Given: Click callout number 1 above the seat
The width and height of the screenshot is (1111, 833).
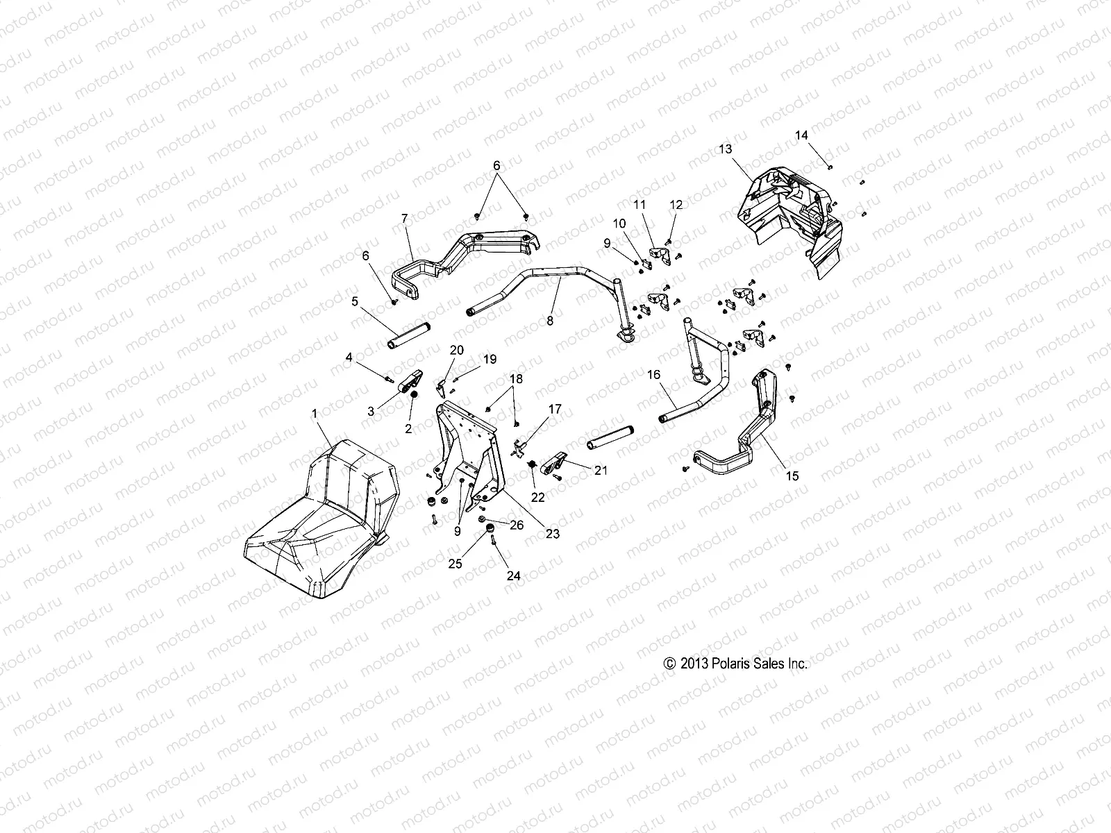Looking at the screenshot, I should pyautogui.click(x=315, y=413).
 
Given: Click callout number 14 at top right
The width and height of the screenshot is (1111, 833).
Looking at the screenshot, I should pyautogui.click(x=801, y=135).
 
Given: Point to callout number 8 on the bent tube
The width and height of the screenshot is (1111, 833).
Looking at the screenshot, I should pyautogui.click(x=551, y=321).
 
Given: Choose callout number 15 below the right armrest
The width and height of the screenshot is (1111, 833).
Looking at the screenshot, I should pyautogui.click(x=792, y=476).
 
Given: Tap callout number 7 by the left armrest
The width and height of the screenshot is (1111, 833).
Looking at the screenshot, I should pyautogui.click(x=405, y=218).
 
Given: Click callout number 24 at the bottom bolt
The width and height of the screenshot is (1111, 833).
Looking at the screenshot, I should pyautogui.click(x=515, y=575).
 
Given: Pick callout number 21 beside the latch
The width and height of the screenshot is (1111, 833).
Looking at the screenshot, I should pyautogui.click(x=601, y=470).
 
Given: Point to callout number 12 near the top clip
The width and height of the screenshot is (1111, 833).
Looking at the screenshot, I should pyautogui.click(x=676, y=205).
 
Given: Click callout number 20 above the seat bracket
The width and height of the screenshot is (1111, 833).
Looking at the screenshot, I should pyautogui.click(x=456, y=350).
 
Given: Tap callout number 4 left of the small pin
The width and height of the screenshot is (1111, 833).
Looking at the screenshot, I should pyautogui.click(x=349, y=357).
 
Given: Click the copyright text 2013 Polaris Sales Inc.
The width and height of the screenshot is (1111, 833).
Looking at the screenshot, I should pyautogui.click(x=736, y=664).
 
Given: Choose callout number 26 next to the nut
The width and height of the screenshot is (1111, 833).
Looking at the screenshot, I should pyautogui.click(x=517, y=525).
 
